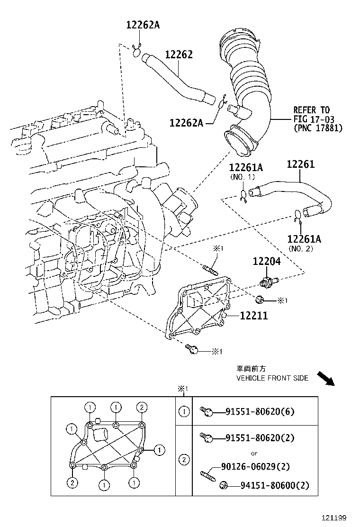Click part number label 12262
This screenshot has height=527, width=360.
click(x=179, y=55)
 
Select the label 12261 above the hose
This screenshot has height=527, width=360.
click(x=300, y=164)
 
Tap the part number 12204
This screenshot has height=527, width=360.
click(x=266, y=261)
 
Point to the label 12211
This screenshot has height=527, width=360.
click(x=253, y=315)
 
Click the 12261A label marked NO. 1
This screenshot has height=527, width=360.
click(x=246, y=167)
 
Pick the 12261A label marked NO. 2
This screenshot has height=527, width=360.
click(x=304, y=239)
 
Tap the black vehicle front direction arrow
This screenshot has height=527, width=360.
click(x=326, y=378)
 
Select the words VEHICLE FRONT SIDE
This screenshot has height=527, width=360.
click(x=272, y=378)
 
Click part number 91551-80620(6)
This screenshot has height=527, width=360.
click(x=260, y=411)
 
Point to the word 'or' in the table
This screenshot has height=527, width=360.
click(x=254, y=453)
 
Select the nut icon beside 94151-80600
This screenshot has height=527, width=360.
click(x=225, y=485)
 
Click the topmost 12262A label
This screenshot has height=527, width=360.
click(x=143, y=25)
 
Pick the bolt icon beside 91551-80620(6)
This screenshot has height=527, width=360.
click(x=206, y=411)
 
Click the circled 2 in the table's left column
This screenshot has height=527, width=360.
click(x=184, y=459)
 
